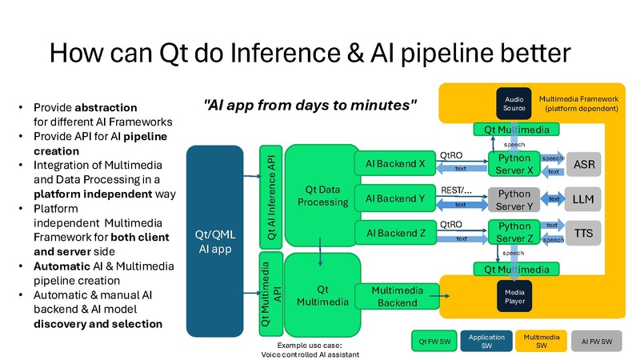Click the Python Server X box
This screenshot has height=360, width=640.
[x=515, y=165]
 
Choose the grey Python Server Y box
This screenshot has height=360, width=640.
[x=515, y=199]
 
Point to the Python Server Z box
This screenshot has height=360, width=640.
[x=515, y=232]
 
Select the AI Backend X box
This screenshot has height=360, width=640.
[x=394, y=165]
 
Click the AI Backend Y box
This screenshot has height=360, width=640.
[x=394, y=198]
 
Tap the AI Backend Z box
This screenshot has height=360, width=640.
[x=394, y=232]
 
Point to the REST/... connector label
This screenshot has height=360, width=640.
[x=456, y=190]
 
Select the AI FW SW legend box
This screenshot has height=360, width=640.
[x=596, y=341]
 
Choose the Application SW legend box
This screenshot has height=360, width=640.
[x=486, y=341]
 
